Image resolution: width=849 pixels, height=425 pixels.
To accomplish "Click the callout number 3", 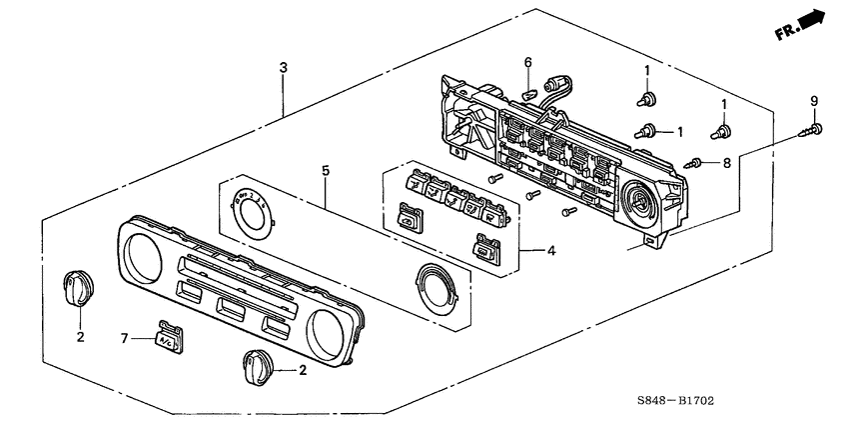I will coord(284,67).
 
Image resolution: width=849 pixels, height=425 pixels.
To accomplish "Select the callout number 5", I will coord(325,170).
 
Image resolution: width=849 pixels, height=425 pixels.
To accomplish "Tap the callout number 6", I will coord(527,62).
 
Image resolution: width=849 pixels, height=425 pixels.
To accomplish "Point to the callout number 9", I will coord(813,101).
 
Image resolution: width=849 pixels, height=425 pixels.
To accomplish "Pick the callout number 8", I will coord(727,161).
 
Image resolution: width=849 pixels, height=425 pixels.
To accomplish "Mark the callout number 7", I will coord(126,340).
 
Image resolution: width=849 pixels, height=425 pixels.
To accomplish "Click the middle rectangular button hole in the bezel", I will coord(233,307).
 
